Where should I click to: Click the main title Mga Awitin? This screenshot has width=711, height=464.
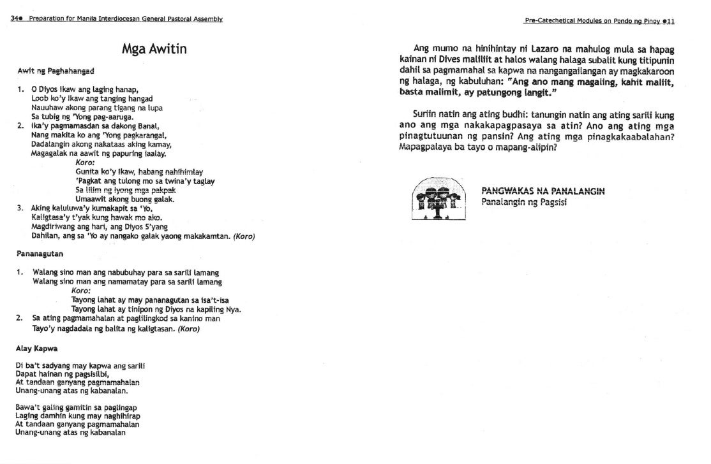(x=154, y=49)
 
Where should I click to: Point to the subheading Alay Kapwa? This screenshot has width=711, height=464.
(x=37, y=349)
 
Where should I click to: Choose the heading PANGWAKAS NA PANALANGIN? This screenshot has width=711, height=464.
(x=543, y=191)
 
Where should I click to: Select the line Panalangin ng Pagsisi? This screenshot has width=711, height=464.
(x=524, y=202)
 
